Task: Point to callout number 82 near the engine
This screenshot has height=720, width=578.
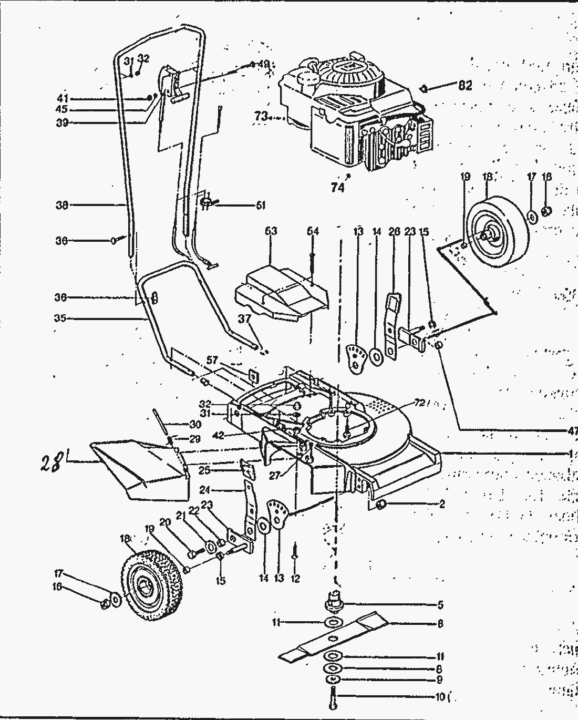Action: [465, 86]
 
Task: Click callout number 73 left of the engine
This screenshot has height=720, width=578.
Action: [261, 117]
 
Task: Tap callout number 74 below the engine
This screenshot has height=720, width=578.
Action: [337, 187]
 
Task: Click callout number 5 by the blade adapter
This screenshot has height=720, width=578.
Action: [440, 605]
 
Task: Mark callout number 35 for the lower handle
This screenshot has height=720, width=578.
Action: [61, 318]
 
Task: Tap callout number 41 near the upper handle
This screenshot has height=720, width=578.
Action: [63, 99]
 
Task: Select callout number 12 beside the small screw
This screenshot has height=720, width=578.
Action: [295, 579]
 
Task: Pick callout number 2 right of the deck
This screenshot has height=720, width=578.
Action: [442, 505]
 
